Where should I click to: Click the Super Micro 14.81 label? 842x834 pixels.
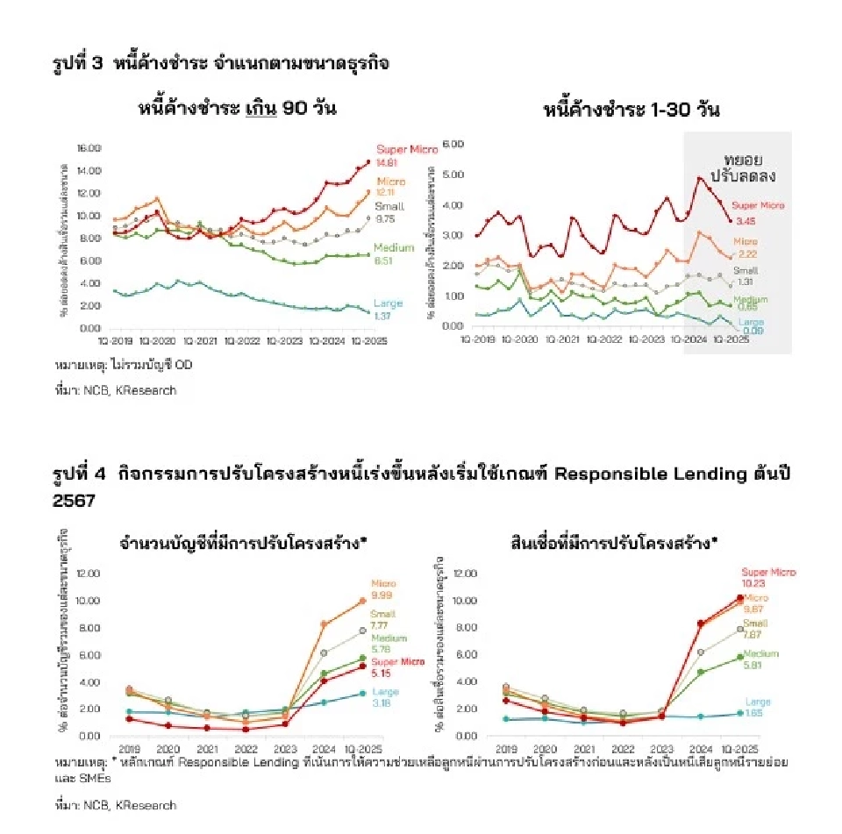406,155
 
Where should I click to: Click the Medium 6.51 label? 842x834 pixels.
394,253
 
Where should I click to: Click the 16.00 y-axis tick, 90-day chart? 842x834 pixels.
89,147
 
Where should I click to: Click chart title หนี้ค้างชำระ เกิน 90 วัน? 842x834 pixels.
237,110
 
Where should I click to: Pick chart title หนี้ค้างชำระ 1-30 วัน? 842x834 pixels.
631,110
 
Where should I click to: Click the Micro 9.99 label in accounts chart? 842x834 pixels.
383,588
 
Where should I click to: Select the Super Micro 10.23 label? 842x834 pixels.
768,577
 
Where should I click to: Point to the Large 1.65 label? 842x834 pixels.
758,707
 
